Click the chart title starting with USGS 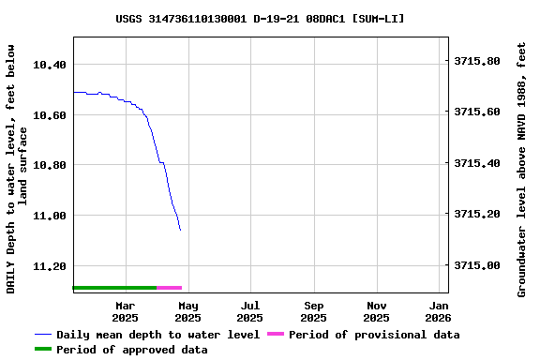(x=261, y=18)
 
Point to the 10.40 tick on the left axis (x=50, y=65)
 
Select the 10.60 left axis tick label (x=50, y=115)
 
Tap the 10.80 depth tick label (x=50, y=165)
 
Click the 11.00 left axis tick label (x=50, y=216)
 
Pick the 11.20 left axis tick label (x=50, y=266)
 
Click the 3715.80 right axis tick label (x=477, y=61)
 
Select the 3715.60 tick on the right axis (x=477, y=112)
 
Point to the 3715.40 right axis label (x=477, y=163)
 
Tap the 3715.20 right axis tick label (x=477, y=215)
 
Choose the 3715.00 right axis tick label (x=477, y=266)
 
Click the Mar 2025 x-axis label (x=125, y=311)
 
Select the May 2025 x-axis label (x=188, y=311)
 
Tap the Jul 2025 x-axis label (x=250, y=311)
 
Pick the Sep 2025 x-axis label (x=314, y=311)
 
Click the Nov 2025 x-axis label (x=377, y=311)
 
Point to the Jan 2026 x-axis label (x=439, y=311)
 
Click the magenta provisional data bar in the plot (x=170, y=288)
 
